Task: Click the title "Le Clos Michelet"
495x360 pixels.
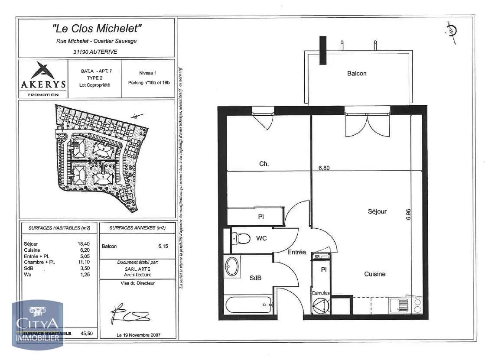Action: tap(97, 29)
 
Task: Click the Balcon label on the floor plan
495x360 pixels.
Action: tap(356, 74)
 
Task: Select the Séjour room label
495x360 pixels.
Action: tap(377, 211)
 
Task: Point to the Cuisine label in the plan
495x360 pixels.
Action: tap(375, 274)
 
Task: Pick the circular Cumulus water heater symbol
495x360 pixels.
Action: tap(321, 306)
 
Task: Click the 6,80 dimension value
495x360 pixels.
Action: tap(324, 169)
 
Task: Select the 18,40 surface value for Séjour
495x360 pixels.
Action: tap(83, 244)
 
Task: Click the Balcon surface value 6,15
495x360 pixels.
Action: tap(163, 246)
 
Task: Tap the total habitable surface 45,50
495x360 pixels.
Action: tap(87, 334)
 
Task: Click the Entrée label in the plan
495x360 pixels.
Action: tap(296, 252)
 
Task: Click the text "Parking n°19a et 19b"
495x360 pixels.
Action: tap(148, 83)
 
